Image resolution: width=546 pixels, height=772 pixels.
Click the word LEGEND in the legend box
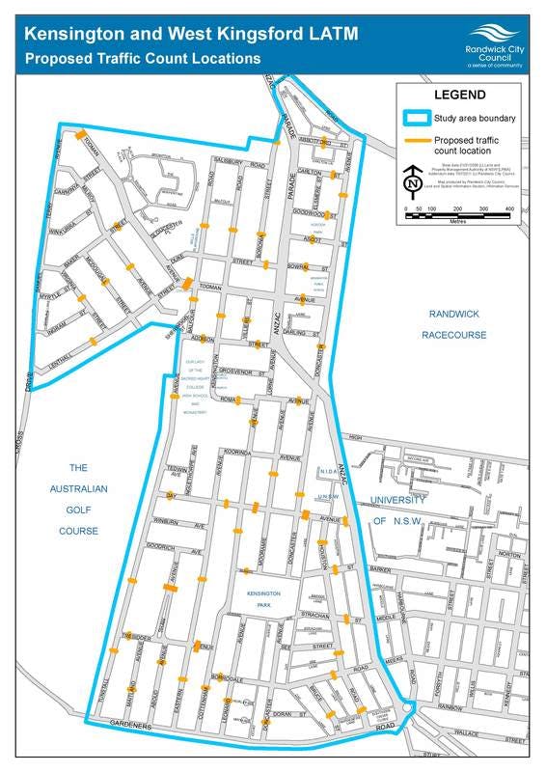pos(457,96)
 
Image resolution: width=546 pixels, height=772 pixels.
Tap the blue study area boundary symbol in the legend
pos(416,119)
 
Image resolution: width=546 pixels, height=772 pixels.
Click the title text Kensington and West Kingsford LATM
pos(190,34)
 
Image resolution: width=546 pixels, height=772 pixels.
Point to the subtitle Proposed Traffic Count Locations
pos(143,58)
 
